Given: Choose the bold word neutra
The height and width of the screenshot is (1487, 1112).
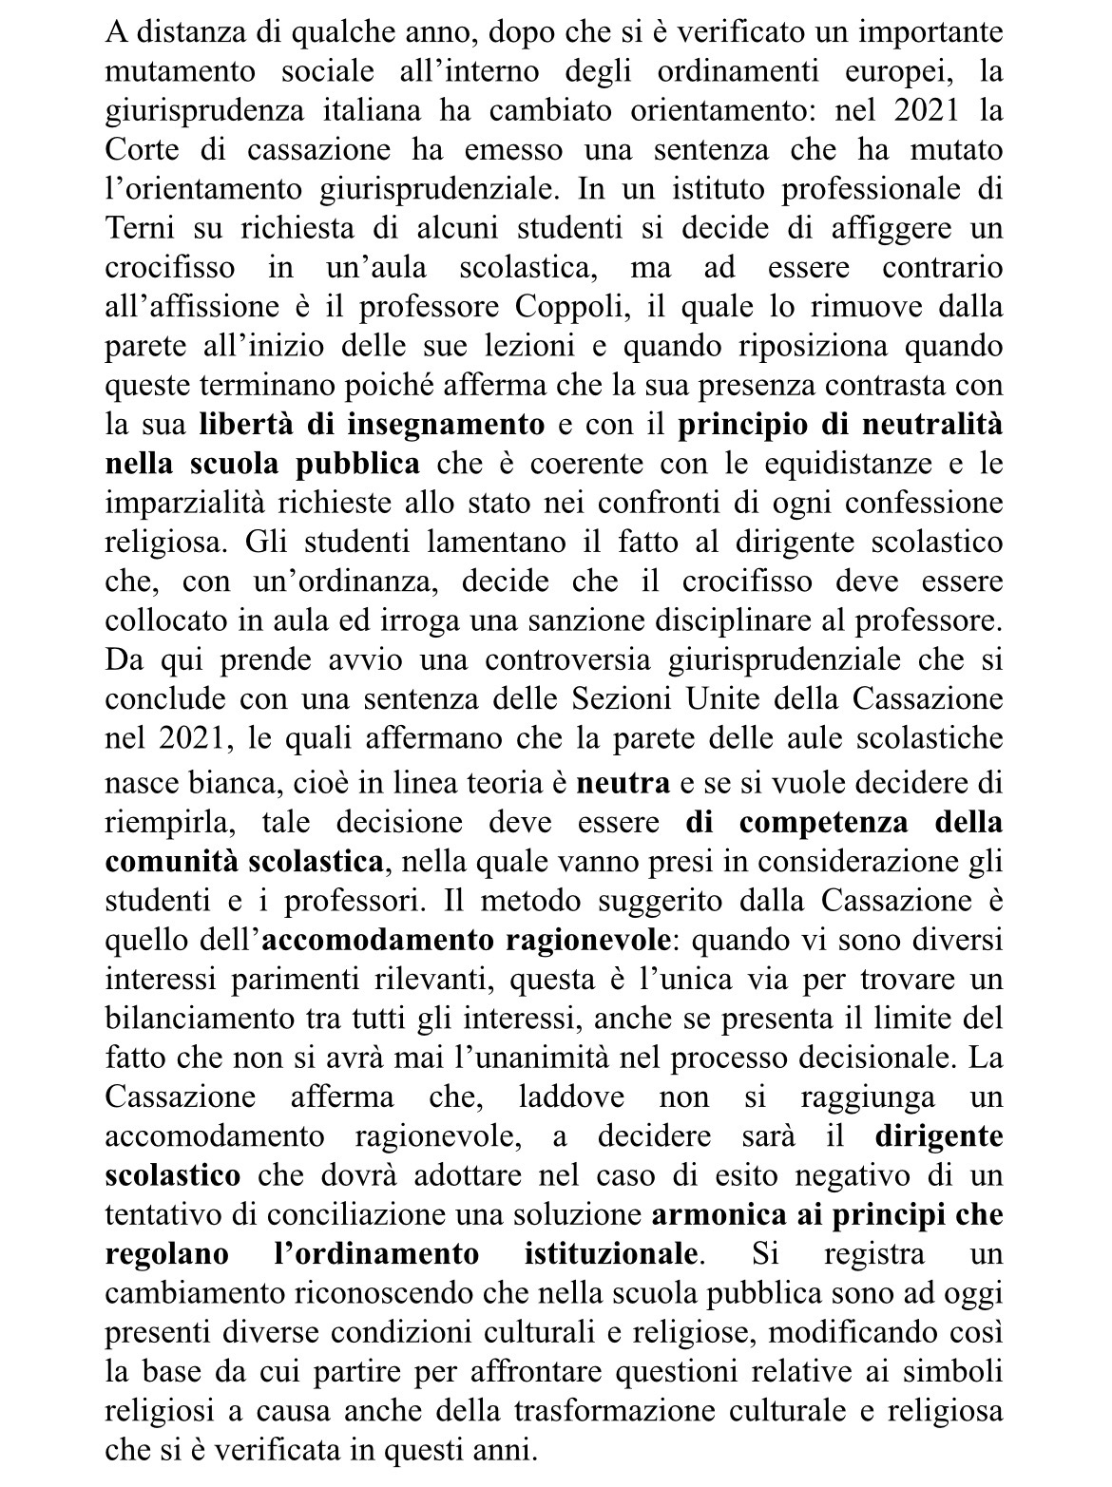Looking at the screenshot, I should pyautogui.click(x=623, y=783).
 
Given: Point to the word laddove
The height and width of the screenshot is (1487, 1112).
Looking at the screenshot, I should pyautogui.click(x=571, y=1096).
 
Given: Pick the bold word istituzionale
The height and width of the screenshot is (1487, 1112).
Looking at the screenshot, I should pyautogui.click(x=613, y=1252).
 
